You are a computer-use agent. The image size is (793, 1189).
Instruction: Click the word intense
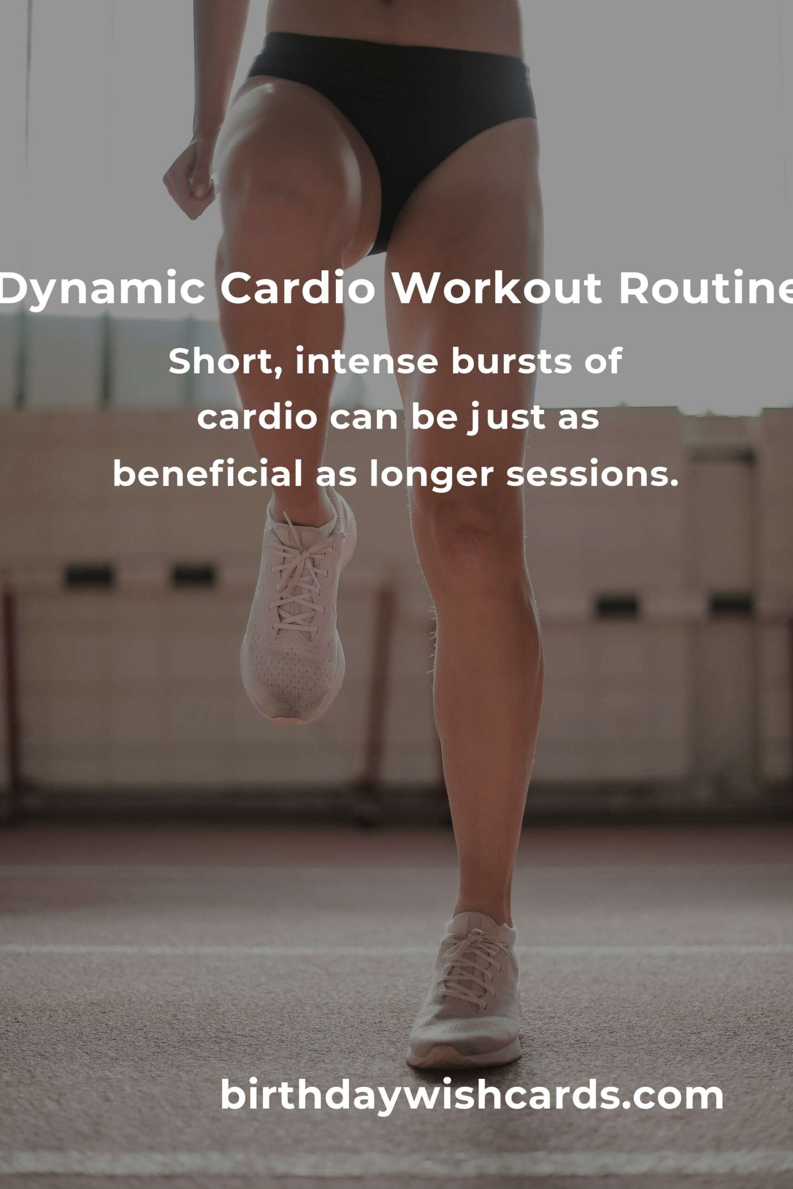click(x=366, y=362)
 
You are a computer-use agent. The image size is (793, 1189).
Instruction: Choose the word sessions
click(x=592, y=476)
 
